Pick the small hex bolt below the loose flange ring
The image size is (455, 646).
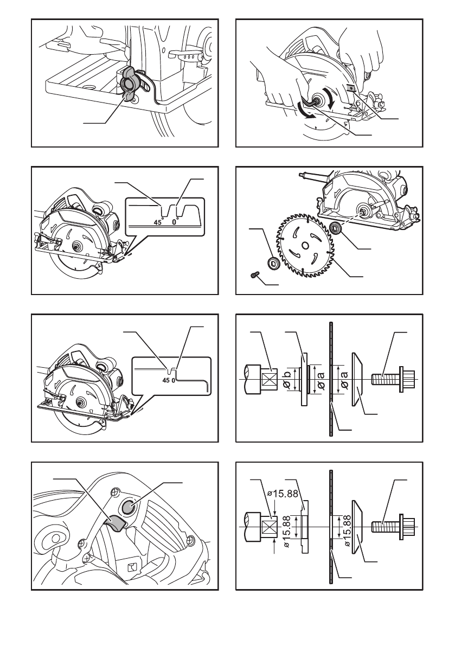tap(254, 276)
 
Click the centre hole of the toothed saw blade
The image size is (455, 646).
tap(306, 245)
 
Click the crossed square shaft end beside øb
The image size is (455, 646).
tap(270, 378)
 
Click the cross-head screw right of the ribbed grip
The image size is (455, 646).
tap(191, 539)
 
